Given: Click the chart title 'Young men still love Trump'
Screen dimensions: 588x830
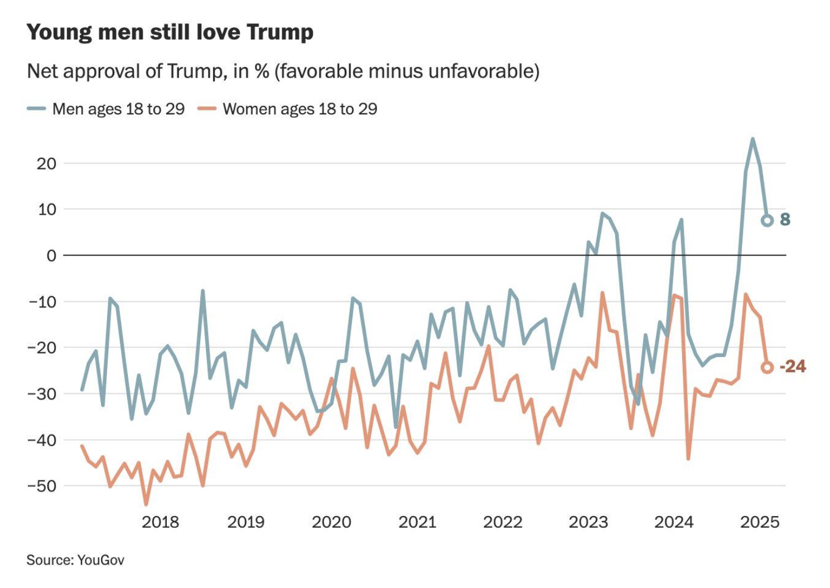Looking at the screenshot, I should coord(170,32).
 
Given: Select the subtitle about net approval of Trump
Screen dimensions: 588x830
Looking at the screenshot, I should coord(283,71).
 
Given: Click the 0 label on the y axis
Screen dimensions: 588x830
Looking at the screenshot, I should coord(51,256).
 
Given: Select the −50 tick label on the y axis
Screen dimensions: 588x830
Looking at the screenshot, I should coord(41,486).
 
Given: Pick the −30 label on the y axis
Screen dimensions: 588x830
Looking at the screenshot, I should coord(41,394).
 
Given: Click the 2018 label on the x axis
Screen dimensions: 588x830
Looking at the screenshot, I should coord(160,522).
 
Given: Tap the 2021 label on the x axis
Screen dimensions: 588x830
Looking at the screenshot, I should coord(417,522).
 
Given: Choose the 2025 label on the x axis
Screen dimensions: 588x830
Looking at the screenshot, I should coord(759,522).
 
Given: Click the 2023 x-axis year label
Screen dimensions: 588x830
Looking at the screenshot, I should coord(588,522).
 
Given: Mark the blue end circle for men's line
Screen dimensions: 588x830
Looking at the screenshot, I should coord(767,220).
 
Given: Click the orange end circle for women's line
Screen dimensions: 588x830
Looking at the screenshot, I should coord(767,367).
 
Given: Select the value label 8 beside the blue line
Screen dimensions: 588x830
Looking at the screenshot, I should coord(785,220).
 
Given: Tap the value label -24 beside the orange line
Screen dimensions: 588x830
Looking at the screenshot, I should coord(793,367).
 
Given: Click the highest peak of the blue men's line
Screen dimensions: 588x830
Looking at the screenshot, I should coord(752,139).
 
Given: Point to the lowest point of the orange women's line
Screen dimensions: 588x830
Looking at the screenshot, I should coord(146,504).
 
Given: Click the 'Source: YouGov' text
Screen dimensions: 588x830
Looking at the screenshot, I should coord(75,560).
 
